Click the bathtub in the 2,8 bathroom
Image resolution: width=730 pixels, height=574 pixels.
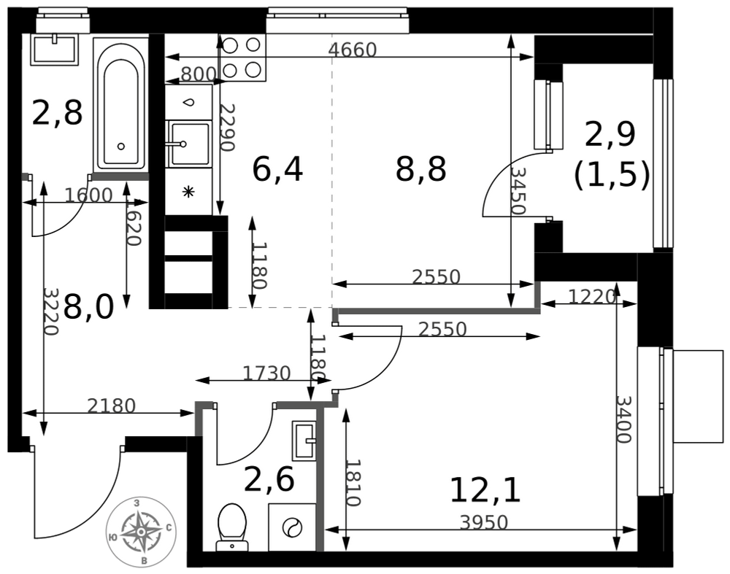[121, 104]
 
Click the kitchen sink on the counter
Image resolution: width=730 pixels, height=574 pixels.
[190, 144]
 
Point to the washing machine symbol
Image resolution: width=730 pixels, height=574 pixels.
[292, 527]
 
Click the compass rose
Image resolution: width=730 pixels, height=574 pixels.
[141, 532]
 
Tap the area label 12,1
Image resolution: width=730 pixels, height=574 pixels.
[485, 489]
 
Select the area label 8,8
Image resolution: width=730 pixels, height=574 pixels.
[421, 168]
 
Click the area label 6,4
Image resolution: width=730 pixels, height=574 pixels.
[277, 168]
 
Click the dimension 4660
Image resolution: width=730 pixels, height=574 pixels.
[353, 50]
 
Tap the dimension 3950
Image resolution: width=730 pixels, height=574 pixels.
[483, 522]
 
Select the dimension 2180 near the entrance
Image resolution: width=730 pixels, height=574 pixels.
[112, 406]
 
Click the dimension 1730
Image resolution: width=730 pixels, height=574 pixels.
[266, 373]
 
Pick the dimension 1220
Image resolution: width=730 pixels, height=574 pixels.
[592, 296]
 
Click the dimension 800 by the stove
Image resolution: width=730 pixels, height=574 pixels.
[199, 74]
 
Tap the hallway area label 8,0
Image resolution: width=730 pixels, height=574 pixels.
[88, 307]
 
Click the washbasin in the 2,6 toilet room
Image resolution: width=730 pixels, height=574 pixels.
[304, 440]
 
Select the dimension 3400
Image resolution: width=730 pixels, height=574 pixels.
[623, 419]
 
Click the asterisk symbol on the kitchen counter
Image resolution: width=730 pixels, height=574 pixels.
[188, 192]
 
